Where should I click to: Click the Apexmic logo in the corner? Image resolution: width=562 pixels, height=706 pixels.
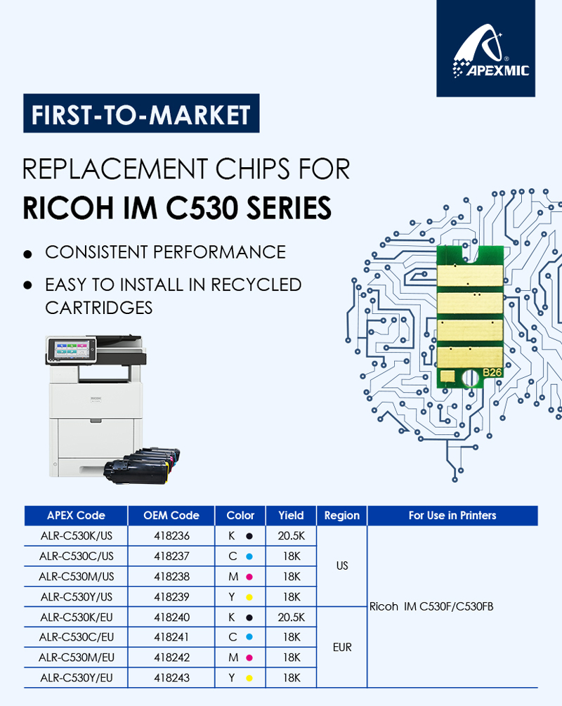[x=485, y=48]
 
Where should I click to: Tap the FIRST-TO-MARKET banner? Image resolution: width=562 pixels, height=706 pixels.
[x=141, y=114]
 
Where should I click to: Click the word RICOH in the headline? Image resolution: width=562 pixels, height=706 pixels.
[x=68, y=208]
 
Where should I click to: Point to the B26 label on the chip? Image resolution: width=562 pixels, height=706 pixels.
[x=492, y=372]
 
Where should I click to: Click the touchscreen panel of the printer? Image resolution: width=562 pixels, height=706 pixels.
[x=72, y=348]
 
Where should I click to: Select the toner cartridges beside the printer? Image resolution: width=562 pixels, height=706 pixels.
[x=142, y=466]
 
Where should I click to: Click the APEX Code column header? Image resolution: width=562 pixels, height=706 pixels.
[x=76, y=516]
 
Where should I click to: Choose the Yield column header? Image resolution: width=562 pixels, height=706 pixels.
[x=291, y=516]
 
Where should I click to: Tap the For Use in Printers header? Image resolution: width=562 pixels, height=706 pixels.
[x=452, y=516]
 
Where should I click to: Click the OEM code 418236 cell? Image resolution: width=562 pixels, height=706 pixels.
[x=171, y=536]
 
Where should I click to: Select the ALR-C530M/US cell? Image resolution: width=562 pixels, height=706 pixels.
[x=76, y=576]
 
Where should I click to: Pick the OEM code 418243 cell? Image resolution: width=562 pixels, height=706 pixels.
[x=171, y=678]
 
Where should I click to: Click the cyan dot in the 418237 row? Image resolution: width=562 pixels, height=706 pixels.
[x=249, y=556]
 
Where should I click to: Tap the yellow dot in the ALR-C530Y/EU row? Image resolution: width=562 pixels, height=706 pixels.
[x=249, y=678]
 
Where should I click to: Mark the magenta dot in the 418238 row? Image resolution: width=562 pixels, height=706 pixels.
[x=249, y=577]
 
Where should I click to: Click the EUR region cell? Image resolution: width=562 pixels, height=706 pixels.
[x=342, y=647]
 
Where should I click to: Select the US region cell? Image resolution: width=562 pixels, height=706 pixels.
[x=342, y=566]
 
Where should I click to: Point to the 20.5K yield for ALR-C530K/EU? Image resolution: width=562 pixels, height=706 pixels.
[x=291, y=617]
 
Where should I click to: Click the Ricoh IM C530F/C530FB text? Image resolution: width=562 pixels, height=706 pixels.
[x=431, y=606]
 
